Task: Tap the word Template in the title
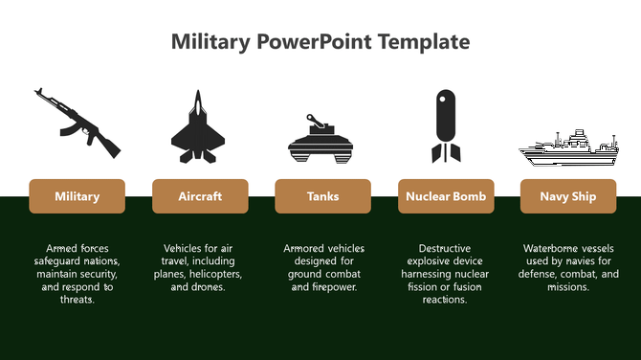424,42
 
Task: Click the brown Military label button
77,196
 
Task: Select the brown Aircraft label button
200,196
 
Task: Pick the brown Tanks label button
322,196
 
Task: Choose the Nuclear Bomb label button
445,196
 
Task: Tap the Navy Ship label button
567,196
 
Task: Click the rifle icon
77,122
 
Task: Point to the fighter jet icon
198,127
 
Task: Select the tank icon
322,137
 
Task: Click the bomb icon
445,125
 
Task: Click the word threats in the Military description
76,300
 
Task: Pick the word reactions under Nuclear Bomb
445,300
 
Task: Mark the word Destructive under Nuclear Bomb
445,249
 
